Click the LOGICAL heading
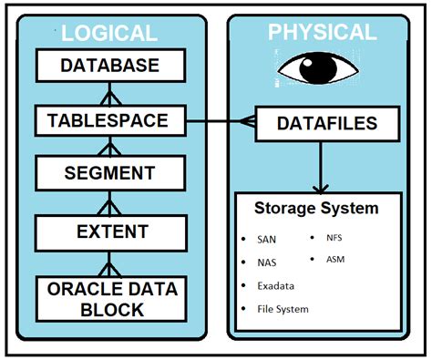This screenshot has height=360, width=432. click(x=108, y=33)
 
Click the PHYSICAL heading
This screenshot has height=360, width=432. click(x=322, y=32)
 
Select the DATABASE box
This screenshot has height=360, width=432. click(x=109, y=67)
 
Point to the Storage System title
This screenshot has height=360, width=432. click(x=317, y=209)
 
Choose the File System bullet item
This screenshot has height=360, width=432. click(x=283, y=309)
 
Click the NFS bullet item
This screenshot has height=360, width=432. click(x=334, y=238)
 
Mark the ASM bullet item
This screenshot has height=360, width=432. click(x=334, y=259)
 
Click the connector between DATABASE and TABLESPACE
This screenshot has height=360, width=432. click(x=109, y=92)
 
